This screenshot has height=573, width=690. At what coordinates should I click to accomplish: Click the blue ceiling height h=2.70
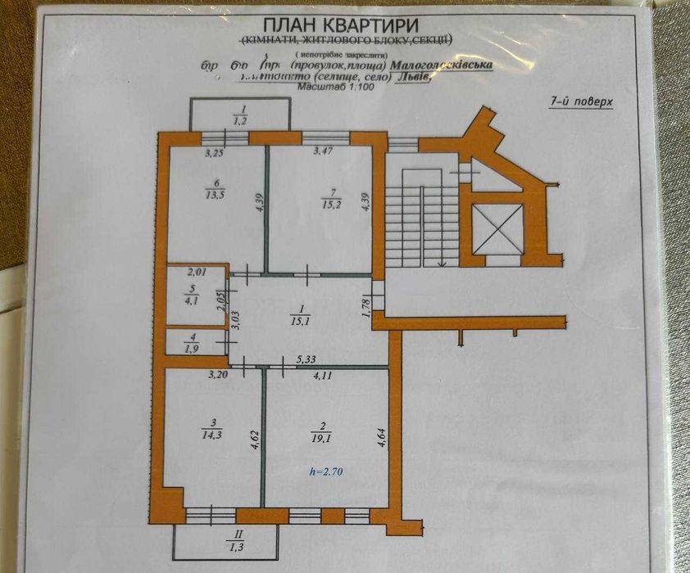tap(325, 471)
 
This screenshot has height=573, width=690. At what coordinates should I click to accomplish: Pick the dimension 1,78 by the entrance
tap(366, 307)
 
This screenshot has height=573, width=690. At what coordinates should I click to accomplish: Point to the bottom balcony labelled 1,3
tap(230, 541)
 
